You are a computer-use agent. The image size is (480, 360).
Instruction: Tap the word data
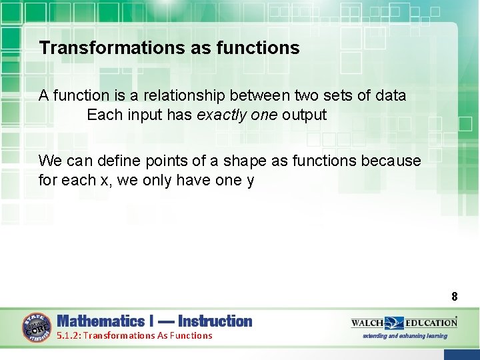390,95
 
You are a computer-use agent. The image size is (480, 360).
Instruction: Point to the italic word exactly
219,115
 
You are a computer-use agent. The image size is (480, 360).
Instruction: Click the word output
304,115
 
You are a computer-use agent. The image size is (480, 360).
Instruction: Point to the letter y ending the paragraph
250,181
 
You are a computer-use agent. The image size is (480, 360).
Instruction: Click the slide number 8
454,297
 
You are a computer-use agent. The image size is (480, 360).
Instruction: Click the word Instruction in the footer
215,321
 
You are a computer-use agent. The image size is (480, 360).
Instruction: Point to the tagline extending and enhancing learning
405,335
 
